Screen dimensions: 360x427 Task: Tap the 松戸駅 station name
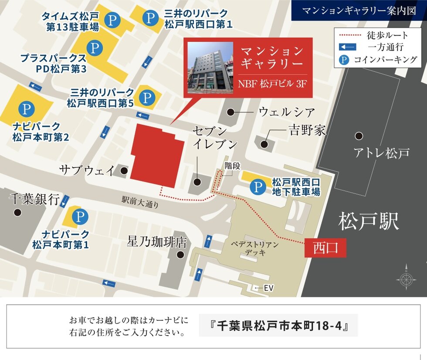[x=369, y=221]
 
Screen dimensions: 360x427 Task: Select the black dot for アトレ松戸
[x=359, y=136]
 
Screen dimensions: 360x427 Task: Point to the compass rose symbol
[x=406, y=277]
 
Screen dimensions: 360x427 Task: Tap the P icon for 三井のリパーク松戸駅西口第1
[x=151, y=18]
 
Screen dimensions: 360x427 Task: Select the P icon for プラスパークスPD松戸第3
[x=94, y=48]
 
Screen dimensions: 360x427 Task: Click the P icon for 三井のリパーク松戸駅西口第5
[x=147, y=97]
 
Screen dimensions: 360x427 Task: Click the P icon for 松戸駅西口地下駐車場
[x=258, y=187]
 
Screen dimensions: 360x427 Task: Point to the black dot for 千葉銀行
[x=17, y=213]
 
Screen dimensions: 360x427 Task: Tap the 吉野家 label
[x=307, y=130]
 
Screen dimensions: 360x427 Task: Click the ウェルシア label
[x=286, y=112]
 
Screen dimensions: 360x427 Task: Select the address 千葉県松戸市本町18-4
[x=278, y=326]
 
